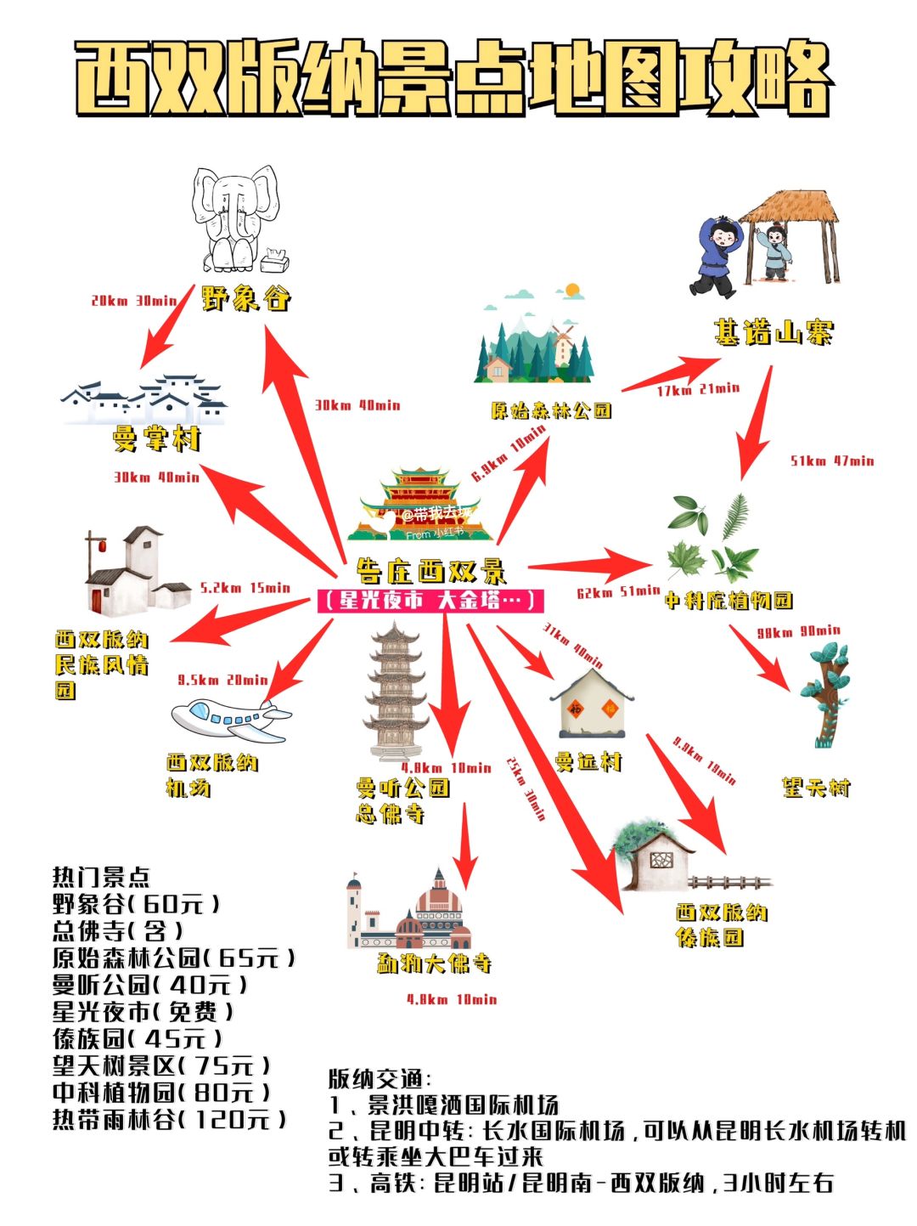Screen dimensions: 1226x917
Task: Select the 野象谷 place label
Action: pos(246,299)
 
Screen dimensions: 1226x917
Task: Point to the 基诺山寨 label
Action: pos(773,332)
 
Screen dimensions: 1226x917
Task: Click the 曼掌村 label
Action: pos(156,439)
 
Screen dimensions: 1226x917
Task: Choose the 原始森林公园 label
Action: pos(551,411)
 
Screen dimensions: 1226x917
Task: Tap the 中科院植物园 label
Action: pos(728,601)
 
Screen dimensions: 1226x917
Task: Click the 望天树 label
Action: pos(815,788)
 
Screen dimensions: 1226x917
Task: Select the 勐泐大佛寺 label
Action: pos(435,963)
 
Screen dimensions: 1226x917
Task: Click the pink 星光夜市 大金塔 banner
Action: pos(430,601)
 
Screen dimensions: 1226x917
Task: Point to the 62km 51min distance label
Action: pos(618,592)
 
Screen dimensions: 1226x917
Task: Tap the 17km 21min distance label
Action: pos(698,390)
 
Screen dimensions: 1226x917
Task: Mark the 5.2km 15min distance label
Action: pos(245,588)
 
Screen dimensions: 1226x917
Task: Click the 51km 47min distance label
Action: pos(832,461)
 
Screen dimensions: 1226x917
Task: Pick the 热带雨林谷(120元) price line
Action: pos(170,1119)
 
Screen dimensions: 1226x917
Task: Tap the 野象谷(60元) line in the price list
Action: pos(136,903)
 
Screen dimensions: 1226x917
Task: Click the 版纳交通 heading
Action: pos(380,1080)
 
